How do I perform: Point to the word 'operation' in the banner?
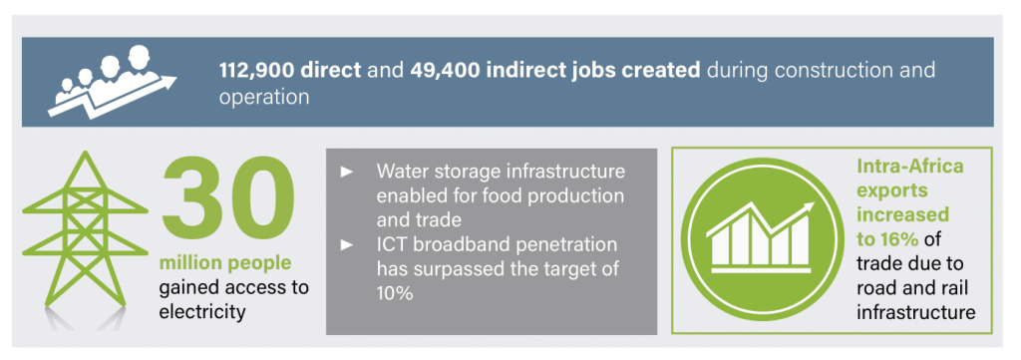pyautogui.click(x=264, y=98)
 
